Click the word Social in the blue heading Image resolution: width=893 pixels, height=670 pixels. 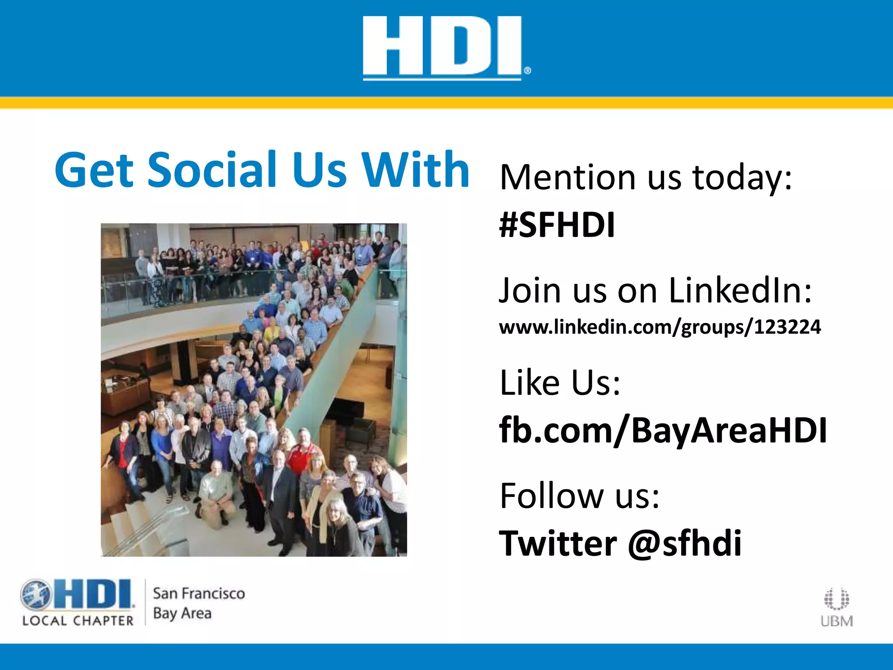coord(212,170)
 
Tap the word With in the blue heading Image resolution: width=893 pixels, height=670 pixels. coord(416,170)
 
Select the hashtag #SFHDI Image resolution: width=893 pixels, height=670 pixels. coord(557,225)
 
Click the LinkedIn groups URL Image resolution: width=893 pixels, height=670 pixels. coord(660,327)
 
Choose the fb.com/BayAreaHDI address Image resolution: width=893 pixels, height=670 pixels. coord(663,430)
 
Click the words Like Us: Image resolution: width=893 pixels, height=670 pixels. coord(560,383)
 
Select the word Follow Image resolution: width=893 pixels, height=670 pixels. coord(551,496)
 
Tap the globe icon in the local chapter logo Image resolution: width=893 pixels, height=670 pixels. coord(36,595)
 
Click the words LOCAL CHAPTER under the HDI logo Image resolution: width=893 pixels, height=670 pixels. coord(78,621)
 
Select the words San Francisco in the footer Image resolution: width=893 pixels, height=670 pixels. coord(199,594)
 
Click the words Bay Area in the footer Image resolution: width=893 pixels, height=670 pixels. coord(182,613)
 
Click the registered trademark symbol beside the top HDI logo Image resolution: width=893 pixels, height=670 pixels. coord(527,71)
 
